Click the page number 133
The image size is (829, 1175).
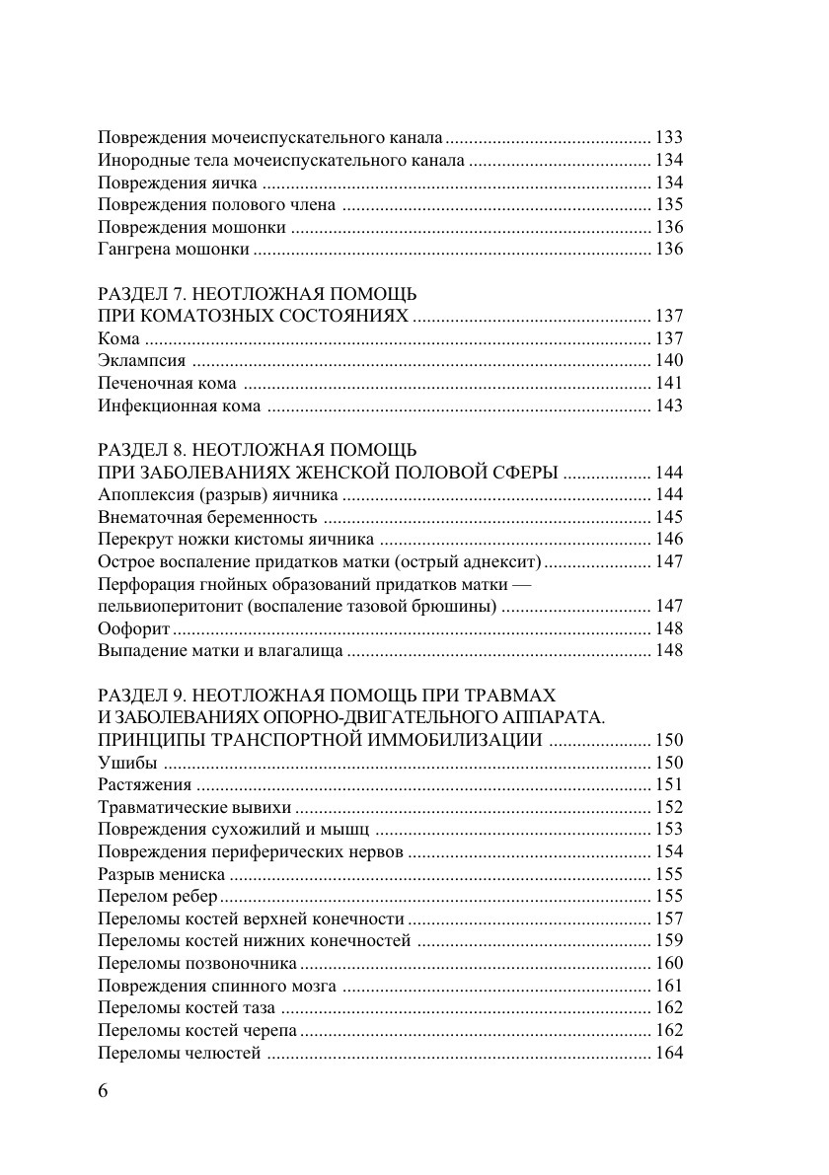point(669,138)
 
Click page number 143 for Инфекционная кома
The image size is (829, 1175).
point(669,405)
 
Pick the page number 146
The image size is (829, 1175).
point(669,539)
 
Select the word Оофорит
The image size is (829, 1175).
point(135,628)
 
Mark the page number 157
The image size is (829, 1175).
point(669,918)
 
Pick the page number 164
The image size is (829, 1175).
point(669,1053)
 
